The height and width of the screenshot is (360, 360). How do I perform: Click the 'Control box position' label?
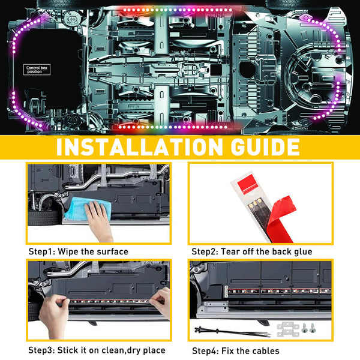click(x=40, y=69)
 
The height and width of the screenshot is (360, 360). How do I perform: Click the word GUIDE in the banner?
click(x=262, y=147)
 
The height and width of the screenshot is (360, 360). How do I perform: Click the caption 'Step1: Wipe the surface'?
click(x=78, y=251)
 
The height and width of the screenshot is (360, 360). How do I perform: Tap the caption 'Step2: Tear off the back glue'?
click(x=251, y=251)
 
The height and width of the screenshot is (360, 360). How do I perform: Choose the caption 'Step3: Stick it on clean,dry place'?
click(x=96, y=350)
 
